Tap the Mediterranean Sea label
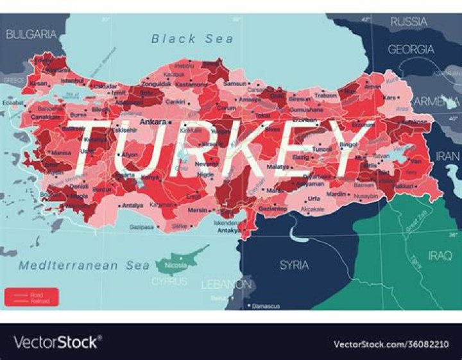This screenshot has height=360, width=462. tap(77, 265)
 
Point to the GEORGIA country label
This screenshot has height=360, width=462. tap(411, 49)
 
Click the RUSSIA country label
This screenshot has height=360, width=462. tap(409, 22)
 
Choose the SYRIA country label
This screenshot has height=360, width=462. tap(294, 264)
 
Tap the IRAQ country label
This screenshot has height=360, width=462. tap(440, 255)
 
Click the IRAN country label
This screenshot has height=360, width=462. tap(448, 156)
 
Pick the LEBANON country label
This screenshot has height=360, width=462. tap(226, 284)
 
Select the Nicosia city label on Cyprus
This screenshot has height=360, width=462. tap(176, 264)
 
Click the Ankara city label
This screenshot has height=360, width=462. tap(153, 121)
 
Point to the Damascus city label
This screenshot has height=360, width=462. tap(266, 306)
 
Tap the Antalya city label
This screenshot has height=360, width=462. tap(133, 205)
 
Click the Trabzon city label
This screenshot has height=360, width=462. tap(325, 96)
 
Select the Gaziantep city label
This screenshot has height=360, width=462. tap(272, 209)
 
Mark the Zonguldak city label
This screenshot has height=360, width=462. tap(156, 83)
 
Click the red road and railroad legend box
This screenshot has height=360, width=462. tap(31, 296)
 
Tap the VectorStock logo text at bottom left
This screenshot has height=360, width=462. tap(56, 341)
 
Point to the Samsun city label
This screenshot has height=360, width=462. tap(235, 83)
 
